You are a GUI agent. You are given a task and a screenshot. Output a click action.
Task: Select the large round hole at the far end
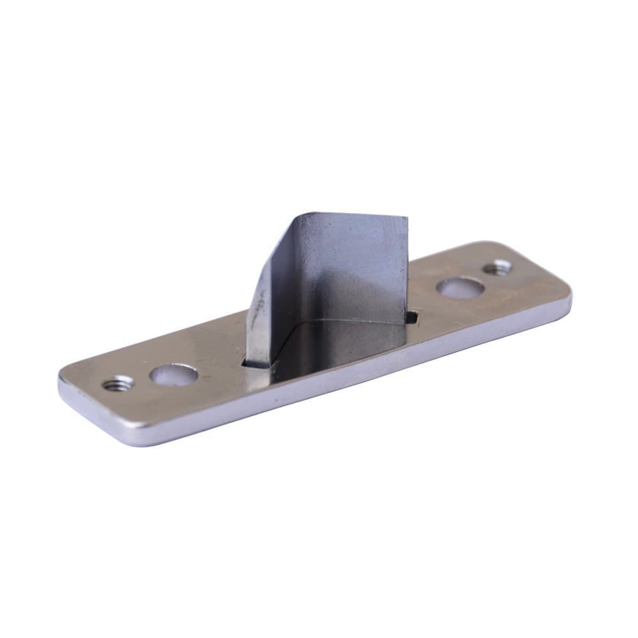460,287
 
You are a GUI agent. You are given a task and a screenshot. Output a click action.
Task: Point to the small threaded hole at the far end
497,267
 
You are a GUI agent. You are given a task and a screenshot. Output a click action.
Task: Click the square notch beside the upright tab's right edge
412,315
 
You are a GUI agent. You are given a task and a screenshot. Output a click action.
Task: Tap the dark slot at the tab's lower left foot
255,364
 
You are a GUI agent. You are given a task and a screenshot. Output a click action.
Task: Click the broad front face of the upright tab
345,274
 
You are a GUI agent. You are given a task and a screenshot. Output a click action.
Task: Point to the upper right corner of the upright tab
406,219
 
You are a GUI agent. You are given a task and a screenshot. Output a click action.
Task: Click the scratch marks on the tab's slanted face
259,306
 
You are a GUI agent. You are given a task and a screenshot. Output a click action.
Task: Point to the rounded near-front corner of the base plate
128,440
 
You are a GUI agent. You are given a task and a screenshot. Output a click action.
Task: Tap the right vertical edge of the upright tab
406,268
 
